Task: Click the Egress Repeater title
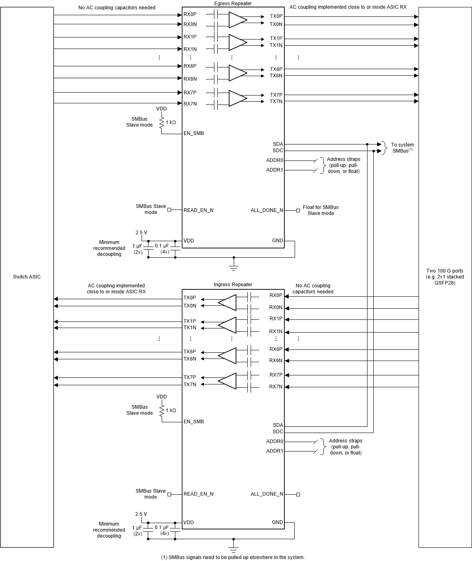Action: (x=233, y=4)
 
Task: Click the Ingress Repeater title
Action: (x=233, y=284)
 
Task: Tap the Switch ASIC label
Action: (x=27, y=277)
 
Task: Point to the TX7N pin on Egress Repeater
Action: (x=276, y=101)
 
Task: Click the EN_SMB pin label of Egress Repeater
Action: (x=193, y=133)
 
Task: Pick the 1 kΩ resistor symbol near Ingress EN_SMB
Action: (x=162, y=410)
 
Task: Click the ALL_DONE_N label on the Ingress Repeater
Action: (x=267, y=494)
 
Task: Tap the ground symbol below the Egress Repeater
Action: (x=234, y=268)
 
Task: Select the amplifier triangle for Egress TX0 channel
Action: (x=237, y=19)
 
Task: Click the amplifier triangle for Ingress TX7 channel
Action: (x=228, y=381)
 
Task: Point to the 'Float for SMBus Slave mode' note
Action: (x=321, y=210)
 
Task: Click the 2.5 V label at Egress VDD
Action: (x=141, y=233)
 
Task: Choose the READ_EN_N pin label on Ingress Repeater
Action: (x=198, y=494)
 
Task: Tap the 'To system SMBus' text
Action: (x=402, y=148)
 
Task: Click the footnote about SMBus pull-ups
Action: (x=233, y=557)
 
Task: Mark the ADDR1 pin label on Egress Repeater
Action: (x=274, y=170)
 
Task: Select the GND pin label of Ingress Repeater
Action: (x=277, y=522)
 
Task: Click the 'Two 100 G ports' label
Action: (x=444, y=277)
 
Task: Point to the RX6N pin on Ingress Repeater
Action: (x=276, y=361)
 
